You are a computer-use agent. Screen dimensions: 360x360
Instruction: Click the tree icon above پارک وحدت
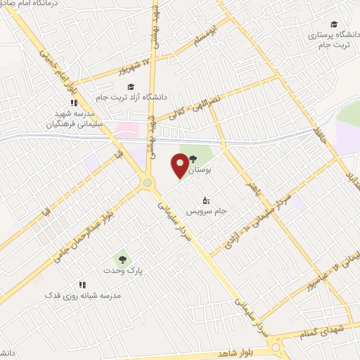[x=122, y=259]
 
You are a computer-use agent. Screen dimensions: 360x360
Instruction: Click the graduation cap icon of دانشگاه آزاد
[x=131, y=86]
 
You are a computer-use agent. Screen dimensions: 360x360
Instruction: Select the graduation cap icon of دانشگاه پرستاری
[x=333, y=24]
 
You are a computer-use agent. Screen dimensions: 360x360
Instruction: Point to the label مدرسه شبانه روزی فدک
[x=83, y=296]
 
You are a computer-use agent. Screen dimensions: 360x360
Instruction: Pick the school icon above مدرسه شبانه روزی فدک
[x=82, y=285]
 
